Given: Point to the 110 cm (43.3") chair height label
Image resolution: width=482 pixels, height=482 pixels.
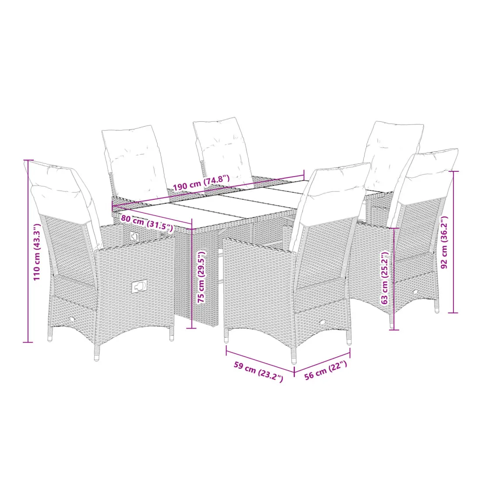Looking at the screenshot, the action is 37,252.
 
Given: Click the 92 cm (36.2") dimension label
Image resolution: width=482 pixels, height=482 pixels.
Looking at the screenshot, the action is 444,242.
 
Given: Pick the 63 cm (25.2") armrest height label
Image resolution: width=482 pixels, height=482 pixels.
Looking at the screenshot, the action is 385,278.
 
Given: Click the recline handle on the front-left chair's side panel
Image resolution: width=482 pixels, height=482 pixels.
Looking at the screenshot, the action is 139,287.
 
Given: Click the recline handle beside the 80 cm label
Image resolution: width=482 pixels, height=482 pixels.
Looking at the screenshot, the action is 135,236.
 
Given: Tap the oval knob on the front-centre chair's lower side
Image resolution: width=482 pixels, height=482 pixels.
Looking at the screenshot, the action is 323,322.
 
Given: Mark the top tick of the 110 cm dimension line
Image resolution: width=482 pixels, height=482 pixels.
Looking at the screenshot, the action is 28,160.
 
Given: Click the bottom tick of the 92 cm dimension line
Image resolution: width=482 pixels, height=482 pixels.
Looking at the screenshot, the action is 453,312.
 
